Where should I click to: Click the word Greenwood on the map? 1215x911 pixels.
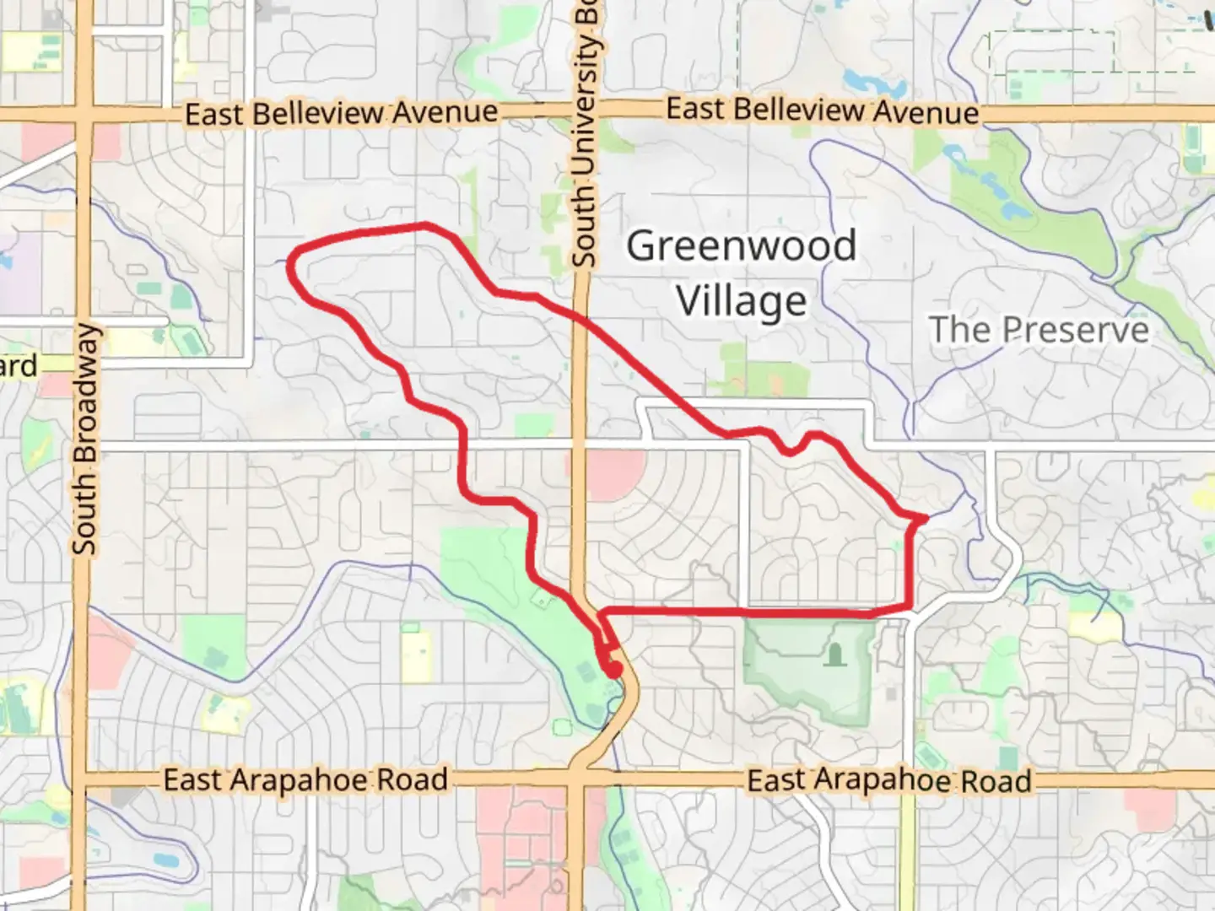(741, 246)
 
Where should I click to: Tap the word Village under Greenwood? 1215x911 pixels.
(741, 301)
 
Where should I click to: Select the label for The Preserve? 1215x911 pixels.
(1039, 329)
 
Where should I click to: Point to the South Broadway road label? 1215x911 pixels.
(84, 439)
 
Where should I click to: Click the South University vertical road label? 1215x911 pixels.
(584, 135)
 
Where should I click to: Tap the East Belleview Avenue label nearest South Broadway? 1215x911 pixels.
(341, 113)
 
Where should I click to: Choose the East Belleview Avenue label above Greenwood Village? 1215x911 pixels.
(822, 111)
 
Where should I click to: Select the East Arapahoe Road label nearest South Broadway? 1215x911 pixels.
(305, 779)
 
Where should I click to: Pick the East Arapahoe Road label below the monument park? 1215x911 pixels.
(889, 780)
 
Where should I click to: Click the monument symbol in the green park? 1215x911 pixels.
(835, 655)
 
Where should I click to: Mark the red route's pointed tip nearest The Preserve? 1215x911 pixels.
(925, 518)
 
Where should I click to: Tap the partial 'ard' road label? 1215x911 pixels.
(19, 366)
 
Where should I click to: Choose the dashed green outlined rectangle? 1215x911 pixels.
(1051, 52)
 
